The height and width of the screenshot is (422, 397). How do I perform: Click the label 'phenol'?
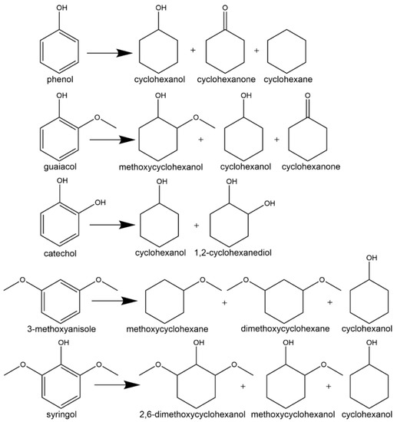tap(61, 79)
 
